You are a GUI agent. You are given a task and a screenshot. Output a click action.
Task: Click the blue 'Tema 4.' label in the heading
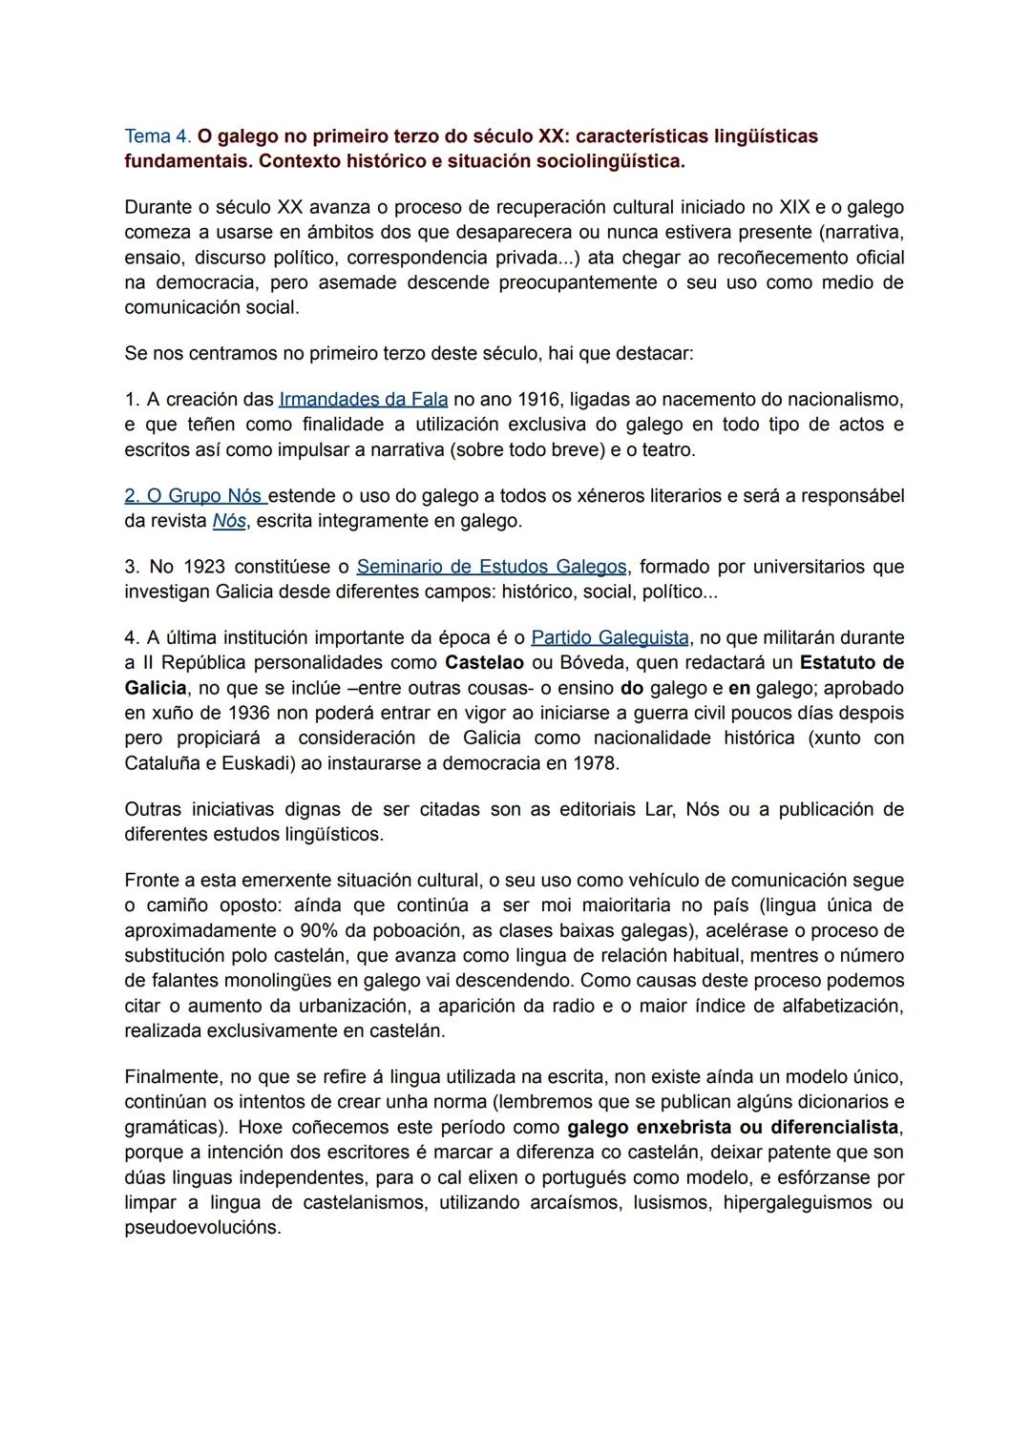(158, 136)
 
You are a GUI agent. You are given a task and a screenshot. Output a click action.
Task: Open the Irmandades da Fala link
(363, 399)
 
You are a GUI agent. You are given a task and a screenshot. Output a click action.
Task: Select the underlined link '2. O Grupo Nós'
(196, 496)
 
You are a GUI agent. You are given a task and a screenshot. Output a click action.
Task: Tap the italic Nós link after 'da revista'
(229, 521)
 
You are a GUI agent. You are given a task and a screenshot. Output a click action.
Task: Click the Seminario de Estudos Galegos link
(492, 567)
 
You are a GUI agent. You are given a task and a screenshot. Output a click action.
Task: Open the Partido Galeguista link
(609, 637)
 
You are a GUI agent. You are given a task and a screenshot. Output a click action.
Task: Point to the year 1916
(539, 399)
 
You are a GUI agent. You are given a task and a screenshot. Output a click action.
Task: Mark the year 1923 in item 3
(202, 567)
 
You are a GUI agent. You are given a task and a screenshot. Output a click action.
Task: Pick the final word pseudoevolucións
(202, 1228)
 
